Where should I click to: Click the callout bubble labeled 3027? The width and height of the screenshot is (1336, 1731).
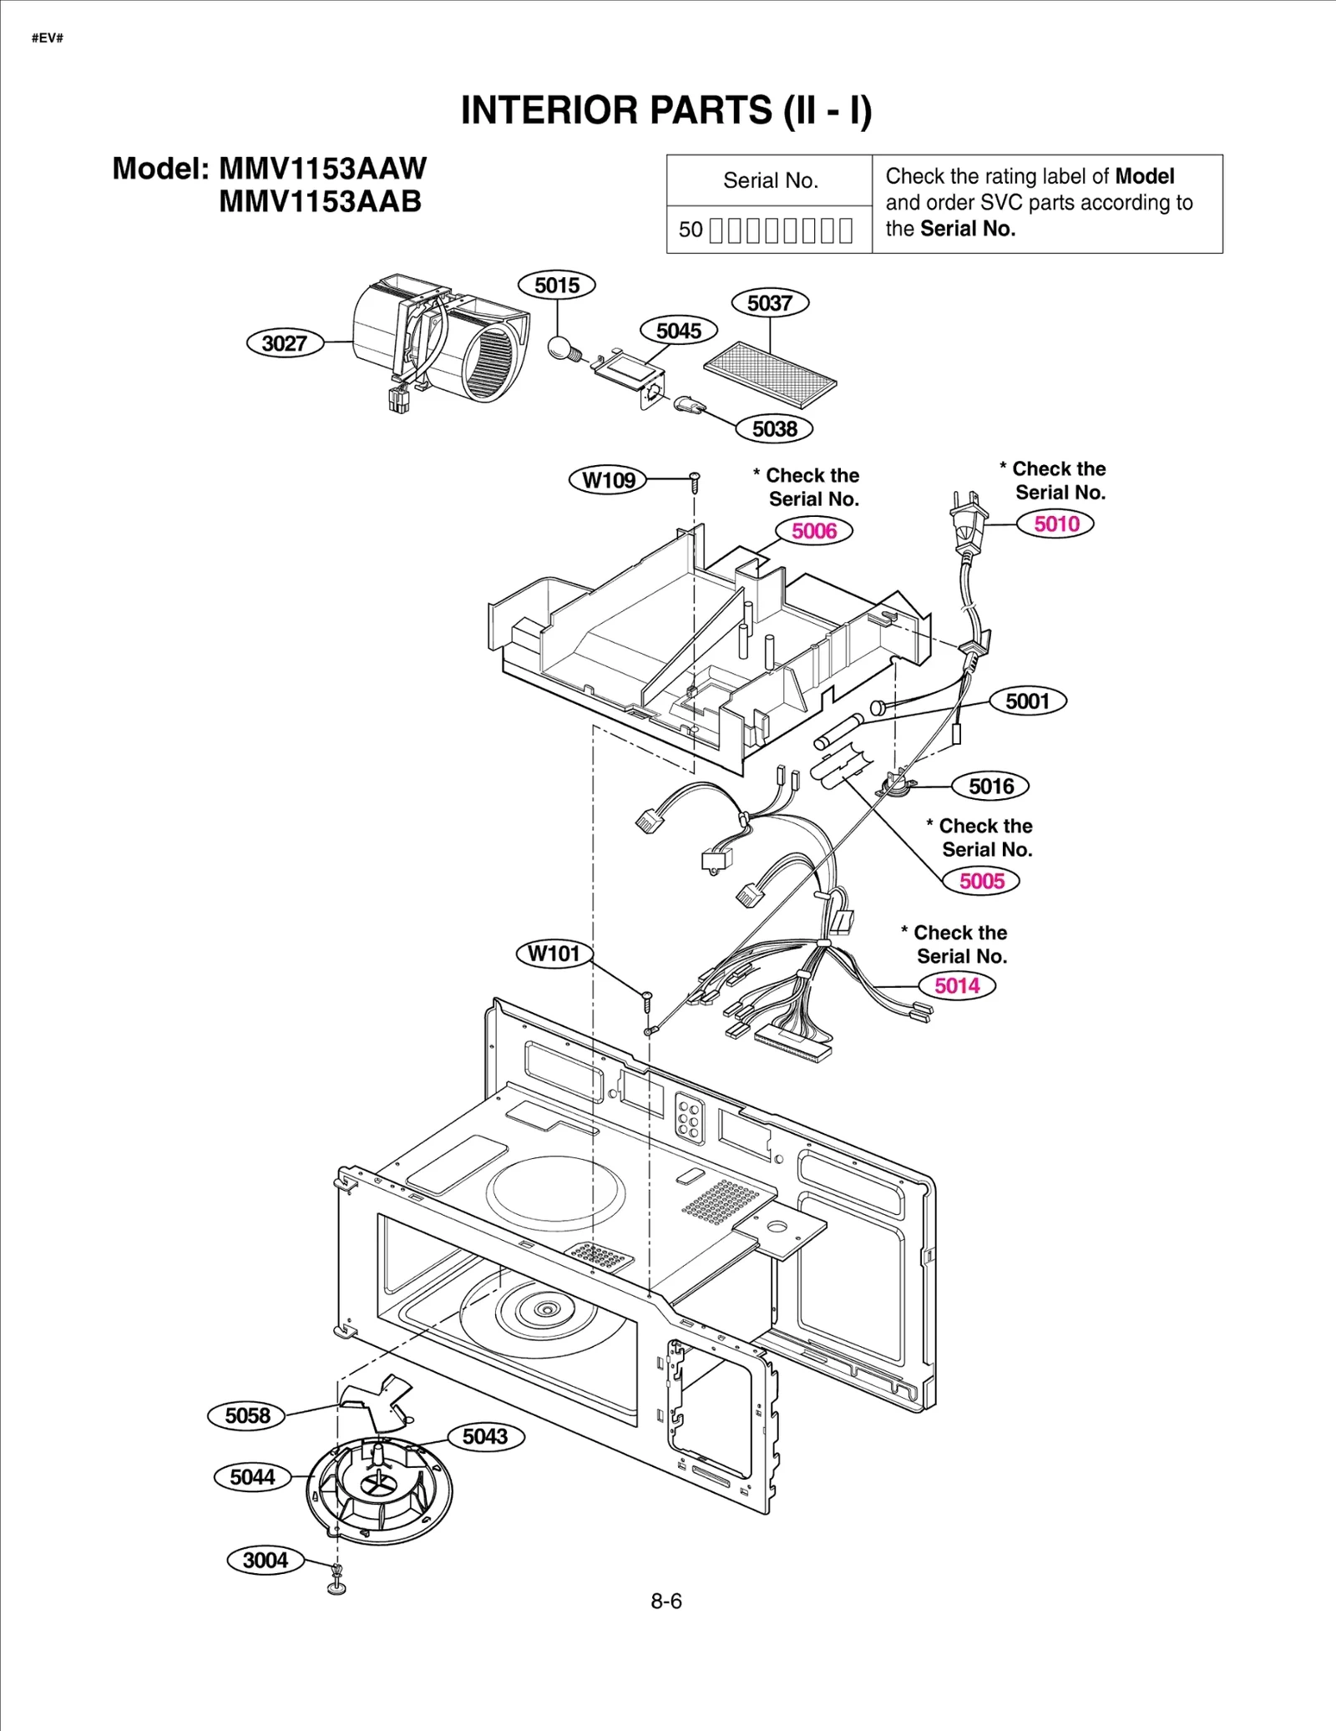coord(285,343)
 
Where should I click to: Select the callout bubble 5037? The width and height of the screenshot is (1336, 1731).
coord(769,303)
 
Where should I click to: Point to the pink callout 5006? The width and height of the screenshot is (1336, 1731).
coord(813,531)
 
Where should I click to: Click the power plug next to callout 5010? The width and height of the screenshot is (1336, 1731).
coord(969,522)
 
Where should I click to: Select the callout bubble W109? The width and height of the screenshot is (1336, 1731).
coord(608,480)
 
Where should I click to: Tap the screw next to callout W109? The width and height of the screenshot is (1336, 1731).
coord(694,480)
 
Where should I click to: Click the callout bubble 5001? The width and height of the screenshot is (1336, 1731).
coord(1027,701)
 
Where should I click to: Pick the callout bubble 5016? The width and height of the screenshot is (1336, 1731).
coord(990,786)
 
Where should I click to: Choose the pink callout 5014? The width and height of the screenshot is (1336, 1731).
coord(956,985)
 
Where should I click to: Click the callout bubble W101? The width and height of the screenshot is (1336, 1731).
coord(554,954)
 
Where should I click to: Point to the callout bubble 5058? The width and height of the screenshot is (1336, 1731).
coord(247,1415)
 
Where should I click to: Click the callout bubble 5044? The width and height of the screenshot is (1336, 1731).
coord(252,1477)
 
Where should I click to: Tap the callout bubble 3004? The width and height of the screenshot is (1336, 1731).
coord(265,1560)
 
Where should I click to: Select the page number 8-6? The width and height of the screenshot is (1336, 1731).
coord(666,1601)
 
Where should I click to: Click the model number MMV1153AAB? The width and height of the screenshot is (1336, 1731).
coord(320,202)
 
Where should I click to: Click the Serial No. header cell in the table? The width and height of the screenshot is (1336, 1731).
coord(770,180)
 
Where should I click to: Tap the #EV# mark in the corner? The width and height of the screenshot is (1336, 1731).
coord(48,38)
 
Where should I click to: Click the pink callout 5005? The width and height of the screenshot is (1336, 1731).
coord(981,881)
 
